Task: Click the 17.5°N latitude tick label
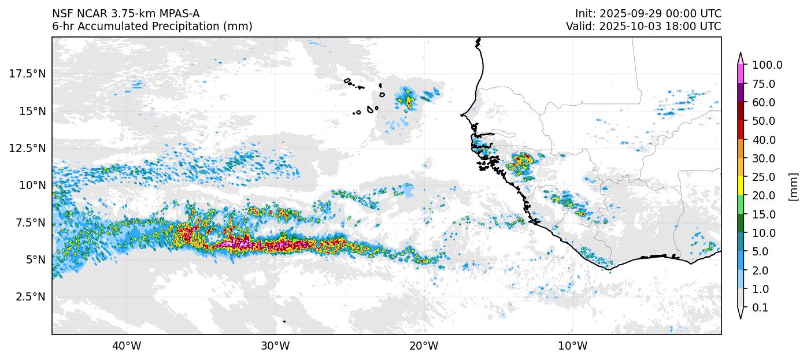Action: pyautogui.click(x=28, y=73)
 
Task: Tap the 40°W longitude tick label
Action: pyautogui.click(x=127, y=346)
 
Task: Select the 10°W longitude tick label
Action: pyautogui.click(x=573, y=346)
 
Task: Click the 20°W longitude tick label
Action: pyautogui.click(x=424, y=346)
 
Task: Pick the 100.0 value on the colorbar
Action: pyautogui.click(x=767, y=65)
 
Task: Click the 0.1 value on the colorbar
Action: pyautogui.click(x=760, y=308)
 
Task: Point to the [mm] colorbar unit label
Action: pyautogui.click(x=793, y=187)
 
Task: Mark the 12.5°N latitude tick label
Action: pyautogui.click(x=28, y=148)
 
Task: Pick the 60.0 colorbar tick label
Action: pyautogui.click(x=764, y=103)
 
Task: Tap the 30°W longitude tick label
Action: pyautogui.click(x=275, y=346)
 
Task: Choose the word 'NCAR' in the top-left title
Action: pyautogui.click(x=87, y=14)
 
